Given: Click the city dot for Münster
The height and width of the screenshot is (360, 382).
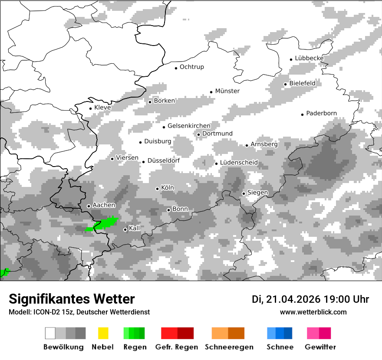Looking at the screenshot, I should pos(211,92).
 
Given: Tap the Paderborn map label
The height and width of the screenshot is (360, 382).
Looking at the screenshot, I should pos(321,113).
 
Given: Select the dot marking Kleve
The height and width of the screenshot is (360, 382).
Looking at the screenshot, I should pos(90,108).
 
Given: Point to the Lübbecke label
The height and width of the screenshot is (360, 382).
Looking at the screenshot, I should pos(309,58).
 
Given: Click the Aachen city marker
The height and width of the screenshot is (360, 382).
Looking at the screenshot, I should pos(89,206).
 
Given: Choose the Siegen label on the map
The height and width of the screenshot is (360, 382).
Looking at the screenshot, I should pos(257,192).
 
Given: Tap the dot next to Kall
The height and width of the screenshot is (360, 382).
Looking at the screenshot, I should pos(125,229).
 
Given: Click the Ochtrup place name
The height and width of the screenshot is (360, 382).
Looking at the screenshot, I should pos(191,67).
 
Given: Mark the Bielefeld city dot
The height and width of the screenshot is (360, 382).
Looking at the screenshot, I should pos(285,84).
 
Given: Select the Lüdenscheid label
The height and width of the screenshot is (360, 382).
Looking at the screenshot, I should pos(239,163).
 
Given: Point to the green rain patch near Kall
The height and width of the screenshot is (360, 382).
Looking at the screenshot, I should pos(103,224).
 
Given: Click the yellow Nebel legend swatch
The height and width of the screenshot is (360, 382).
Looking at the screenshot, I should pos(103,333).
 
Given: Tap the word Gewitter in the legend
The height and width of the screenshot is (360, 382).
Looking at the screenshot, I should pos(320,347).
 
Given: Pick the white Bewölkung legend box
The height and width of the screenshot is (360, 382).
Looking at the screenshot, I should pos(50,333).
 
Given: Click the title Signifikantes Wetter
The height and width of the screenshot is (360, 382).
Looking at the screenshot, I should pos(72,299).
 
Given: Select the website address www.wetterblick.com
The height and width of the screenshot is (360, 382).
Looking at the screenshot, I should pos(313,312).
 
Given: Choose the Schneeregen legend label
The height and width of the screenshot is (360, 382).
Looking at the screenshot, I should pos(229,347).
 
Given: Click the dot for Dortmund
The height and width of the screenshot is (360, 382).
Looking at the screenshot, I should pos(198,134).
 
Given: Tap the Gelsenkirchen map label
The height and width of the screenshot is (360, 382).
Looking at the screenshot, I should pos(189,126).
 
